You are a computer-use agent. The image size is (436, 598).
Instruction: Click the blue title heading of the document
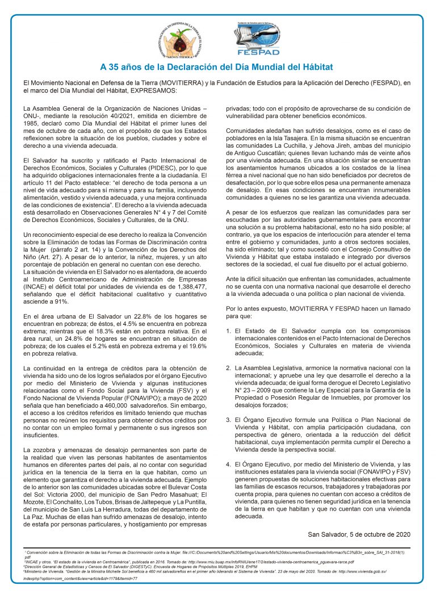[216, 68]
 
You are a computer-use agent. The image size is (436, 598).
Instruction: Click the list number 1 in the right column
[228, 330]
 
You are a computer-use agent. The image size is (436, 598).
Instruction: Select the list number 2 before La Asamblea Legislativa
[228, 367]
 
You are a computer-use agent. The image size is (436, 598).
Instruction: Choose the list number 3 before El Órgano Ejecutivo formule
[228, 420]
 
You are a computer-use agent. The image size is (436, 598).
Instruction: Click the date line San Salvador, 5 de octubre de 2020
[358, 534]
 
